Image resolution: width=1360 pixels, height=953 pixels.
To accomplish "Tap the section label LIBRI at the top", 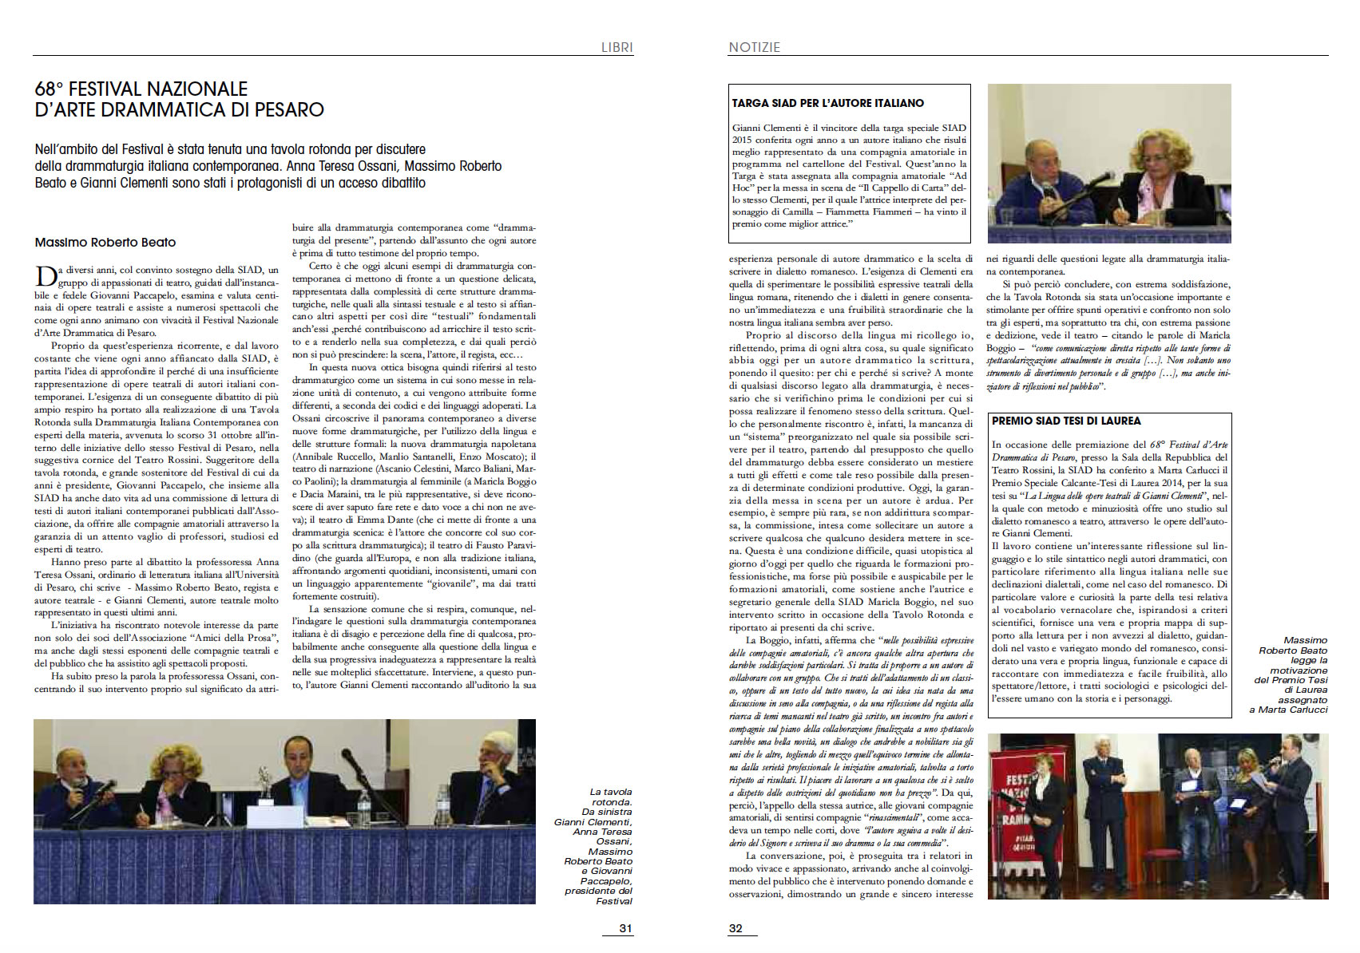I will coord(617,47).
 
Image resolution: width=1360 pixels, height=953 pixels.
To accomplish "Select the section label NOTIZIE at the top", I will coord(754,47).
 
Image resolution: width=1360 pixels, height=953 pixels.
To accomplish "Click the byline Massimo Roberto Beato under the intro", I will coord(105,242).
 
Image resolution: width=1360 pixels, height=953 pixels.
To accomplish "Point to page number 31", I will coord(625,928).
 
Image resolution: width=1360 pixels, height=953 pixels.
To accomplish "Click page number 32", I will coord(736,928).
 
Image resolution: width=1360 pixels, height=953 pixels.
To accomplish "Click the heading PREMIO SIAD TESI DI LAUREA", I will coord(1066,421).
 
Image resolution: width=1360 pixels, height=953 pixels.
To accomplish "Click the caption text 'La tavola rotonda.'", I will coord(610,797).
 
